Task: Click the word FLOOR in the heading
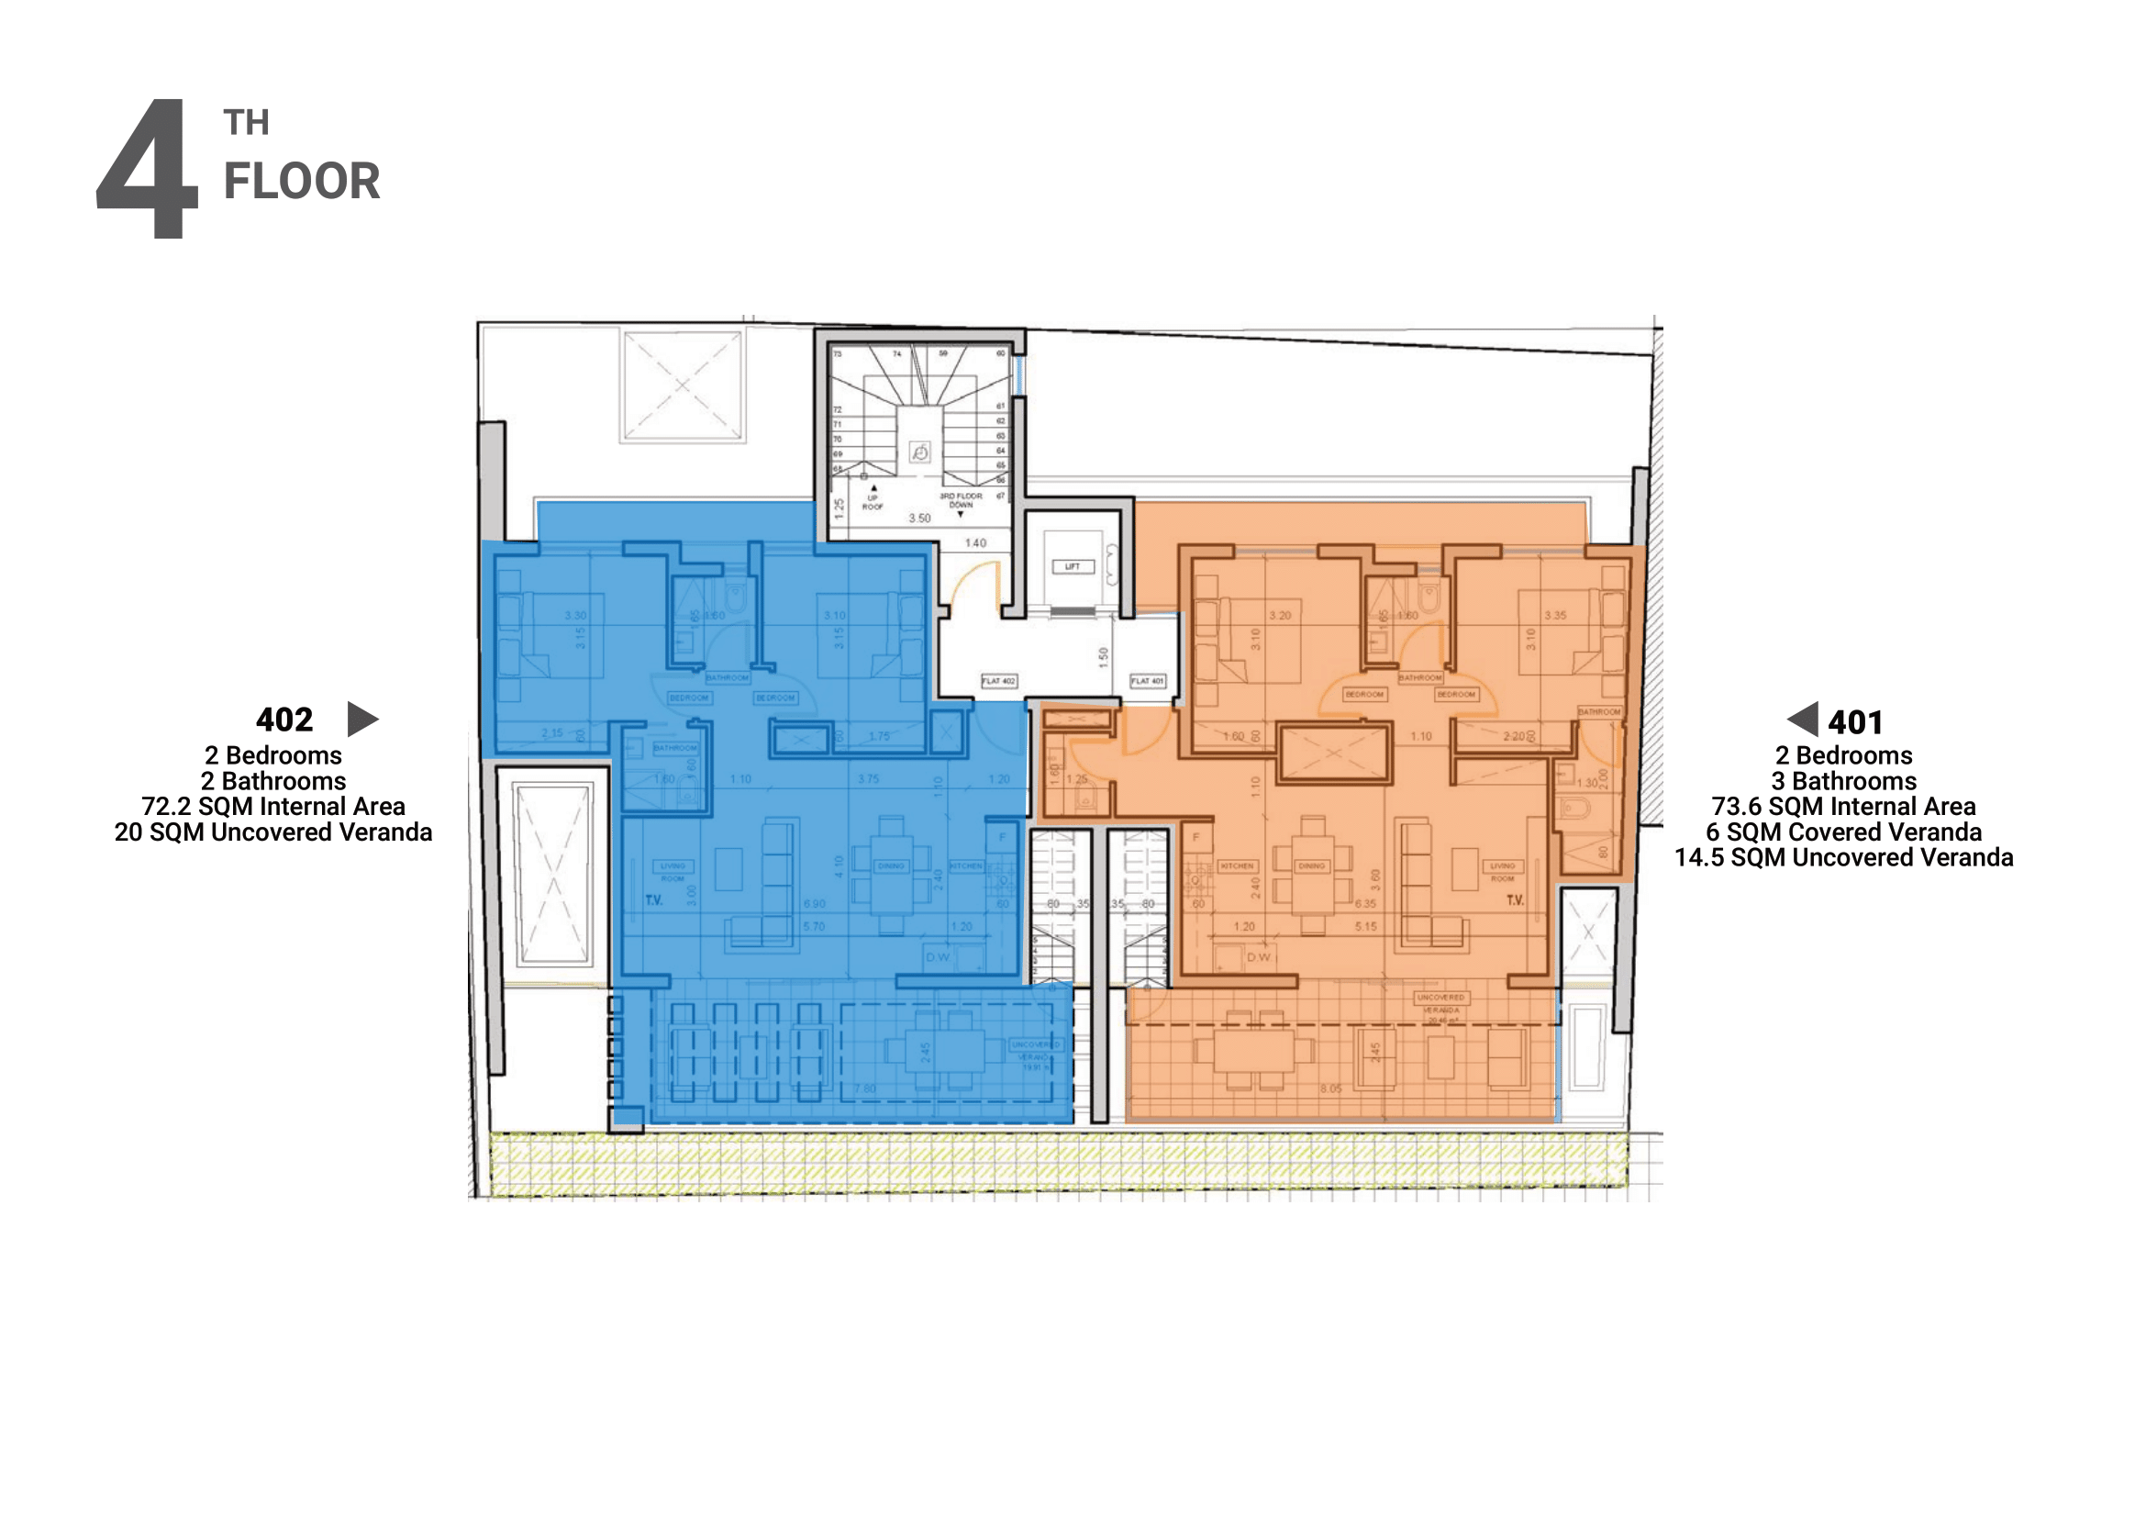301,182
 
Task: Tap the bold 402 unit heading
284,720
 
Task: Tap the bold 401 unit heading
1855,722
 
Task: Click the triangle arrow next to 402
361,719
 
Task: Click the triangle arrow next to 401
1803,719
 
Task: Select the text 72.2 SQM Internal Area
272,807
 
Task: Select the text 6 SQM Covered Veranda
1843,832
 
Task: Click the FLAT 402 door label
998,681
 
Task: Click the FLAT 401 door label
1147,681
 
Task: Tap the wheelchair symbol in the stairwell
919,453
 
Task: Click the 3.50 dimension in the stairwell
919,518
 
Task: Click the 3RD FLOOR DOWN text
961,500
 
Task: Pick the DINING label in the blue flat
891,866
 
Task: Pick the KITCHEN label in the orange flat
1237,866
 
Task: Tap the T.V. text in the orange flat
1514,900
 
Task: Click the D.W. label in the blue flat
938,957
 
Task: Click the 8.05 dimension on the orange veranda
1331,1089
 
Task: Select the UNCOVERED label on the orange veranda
1440,998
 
